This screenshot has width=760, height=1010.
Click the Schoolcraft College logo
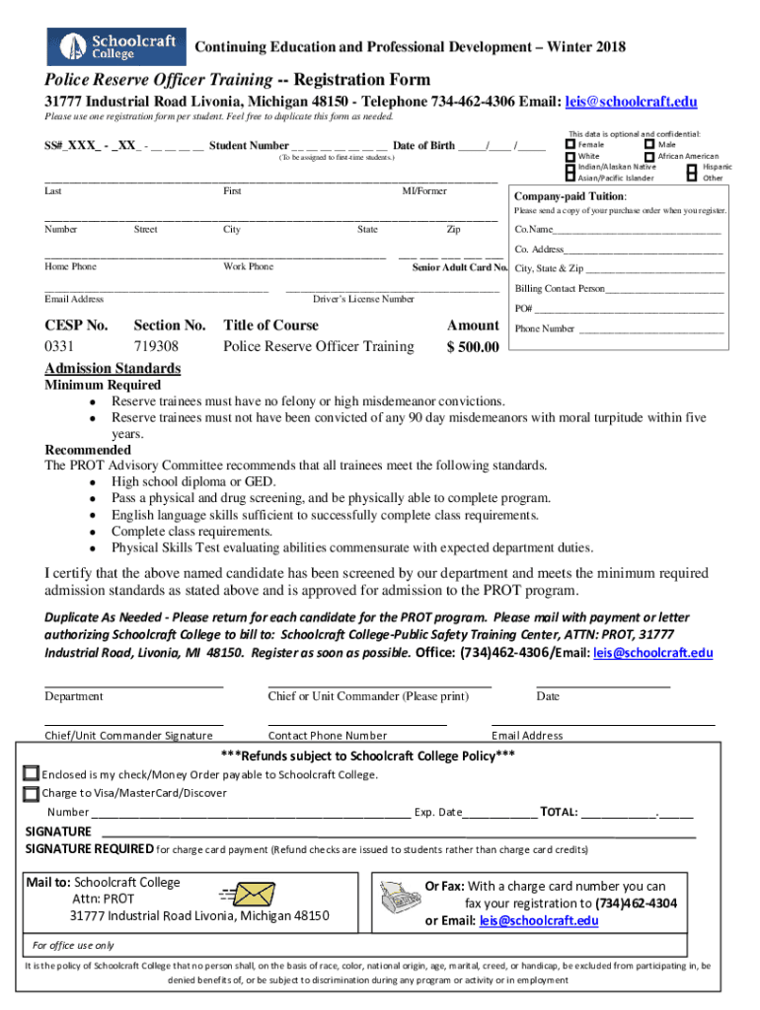point(115,46)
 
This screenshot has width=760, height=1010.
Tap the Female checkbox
point(570,145)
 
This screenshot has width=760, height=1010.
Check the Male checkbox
point(648,145)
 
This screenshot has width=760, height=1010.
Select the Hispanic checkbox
point(691,168)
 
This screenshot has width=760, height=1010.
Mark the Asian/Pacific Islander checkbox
point(570,178)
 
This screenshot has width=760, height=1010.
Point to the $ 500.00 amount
point(473,346)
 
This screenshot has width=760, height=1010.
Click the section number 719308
point(156,346)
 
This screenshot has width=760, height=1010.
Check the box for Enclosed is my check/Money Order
point(32,774)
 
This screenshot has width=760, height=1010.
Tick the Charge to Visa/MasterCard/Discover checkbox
point(32,793)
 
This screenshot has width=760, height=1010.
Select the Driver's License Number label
point(363,299)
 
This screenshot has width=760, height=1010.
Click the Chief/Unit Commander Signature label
point(128,736)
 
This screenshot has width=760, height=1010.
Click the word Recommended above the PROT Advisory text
point(88,450)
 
